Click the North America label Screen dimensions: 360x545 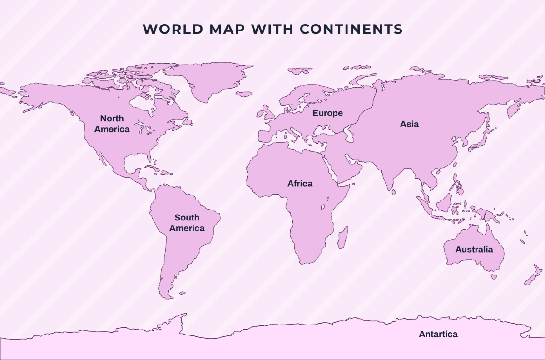click(x=112, y=124)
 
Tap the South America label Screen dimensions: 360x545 click(x=187, y=223)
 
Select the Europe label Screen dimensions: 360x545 click(x=327, y=113)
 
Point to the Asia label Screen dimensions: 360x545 click(x=409, y=124)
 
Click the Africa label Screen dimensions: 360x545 click(x=300, y=184)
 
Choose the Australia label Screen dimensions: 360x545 click(x=474, y=250)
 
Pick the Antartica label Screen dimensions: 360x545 click(x=438, y=334)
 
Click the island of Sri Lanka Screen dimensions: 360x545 click(x=394, y=192)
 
